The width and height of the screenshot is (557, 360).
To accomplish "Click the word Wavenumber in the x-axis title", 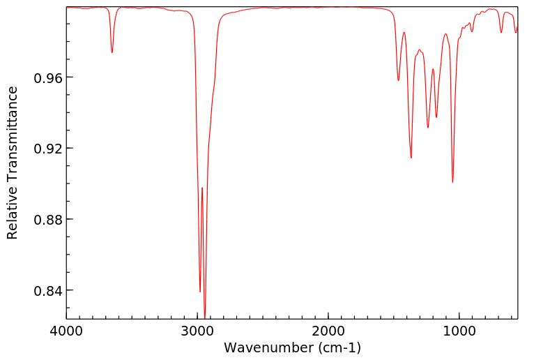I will tap(268, 347).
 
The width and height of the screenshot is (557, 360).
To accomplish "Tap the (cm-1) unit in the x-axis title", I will tap(339, 347).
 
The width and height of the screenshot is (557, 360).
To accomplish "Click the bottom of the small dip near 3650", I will tap(112, 52).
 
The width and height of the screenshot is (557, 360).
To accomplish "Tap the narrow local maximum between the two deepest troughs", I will tap(202, 188).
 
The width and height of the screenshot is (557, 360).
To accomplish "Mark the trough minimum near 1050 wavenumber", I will tap(452, 182).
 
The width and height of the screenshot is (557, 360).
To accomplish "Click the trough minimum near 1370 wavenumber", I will tap(411, 158).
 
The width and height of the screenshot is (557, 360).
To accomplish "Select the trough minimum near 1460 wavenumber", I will tap(398, 80).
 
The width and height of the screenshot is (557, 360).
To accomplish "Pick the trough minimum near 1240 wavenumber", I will tap(428, 128).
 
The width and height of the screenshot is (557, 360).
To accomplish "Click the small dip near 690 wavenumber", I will tap(501, 32).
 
